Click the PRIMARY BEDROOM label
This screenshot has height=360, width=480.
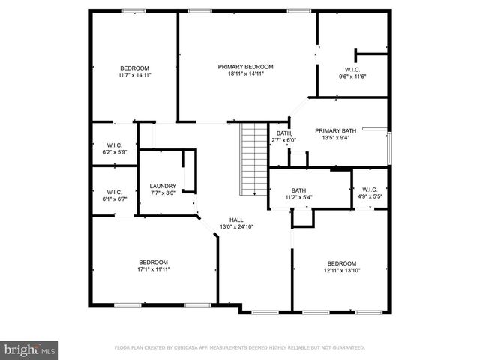[x=245, y=67]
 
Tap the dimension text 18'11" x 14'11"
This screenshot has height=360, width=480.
[x=245, y=74]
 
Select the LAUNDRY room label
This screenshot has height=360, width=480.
[x=163, y=187]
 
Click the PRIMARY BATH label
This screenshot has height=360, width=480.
[x=335, y=130]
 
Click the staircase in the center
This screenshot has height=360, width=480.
[x=253, y=158]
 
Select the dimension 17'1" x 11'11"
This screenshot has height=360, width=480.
[x=152, y=269]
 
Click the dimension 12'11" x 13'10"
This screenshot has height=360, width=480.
[x=341, y=270]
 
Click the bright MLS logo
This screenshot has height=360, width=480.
[x=30, y=349]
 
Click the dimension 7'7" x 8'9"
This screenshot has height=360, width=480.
[x=163, y=193]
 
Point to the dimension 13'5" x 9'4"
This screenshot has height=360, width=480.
[x=335, y=137]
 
